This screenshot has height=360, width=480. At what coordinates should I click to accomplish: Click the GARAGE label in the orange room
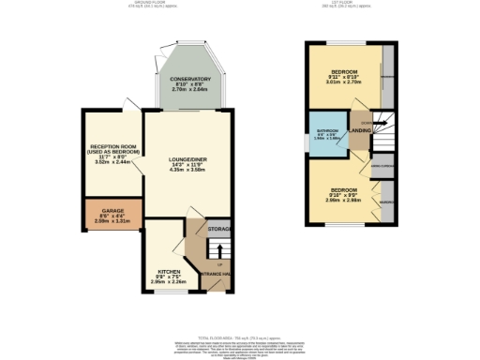(112, 210)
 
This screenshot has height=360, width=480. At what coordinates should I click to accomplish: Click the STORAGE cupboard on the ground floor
(219, 229)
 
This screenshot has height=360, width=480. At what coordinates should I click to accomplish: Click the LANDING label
(361, 132)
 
